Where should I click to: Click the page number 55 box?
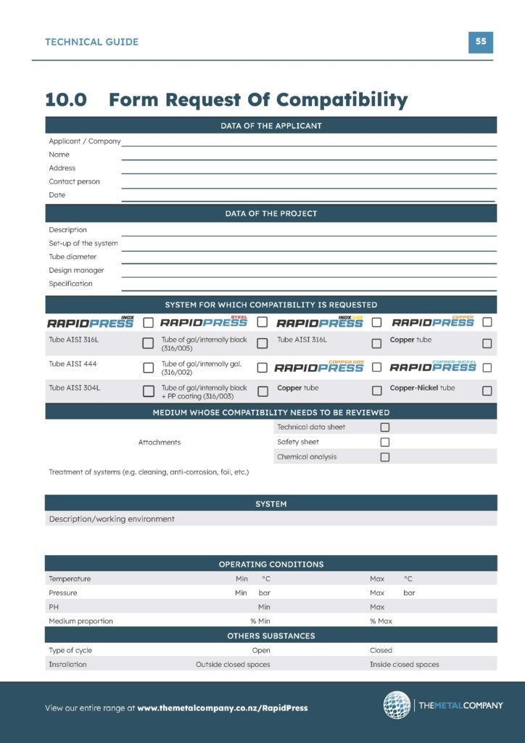480,41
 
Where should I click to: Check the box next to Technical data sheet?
385,427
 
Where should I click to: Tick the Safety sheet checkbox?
385,442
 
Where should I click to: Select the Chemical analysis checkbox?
385,457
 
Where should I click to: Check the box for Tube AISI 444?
148,367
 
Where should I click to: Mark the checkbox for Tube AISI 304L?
148,391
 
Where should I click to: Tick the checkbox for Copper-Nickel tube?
487,391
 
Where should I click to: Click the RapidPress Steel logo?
204,321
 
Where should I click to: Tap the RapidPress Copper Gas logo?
320,367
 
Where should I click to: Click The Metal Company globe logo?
397,705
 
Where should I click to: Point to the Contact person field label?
75,181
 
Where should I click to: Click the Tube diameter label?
73,257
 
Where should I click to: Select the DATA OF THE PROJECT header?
270,213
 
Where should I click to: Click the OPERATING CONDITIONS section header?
270,564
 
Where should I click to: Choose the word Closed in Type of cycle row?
381,650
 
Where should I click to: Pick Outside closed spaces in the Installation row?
233,664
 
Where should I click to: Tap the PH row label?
54,607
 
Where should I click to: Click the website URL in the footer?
222,708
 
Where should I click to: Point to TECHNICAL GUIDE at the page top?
91,42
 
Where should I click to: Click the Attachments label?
160,442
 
